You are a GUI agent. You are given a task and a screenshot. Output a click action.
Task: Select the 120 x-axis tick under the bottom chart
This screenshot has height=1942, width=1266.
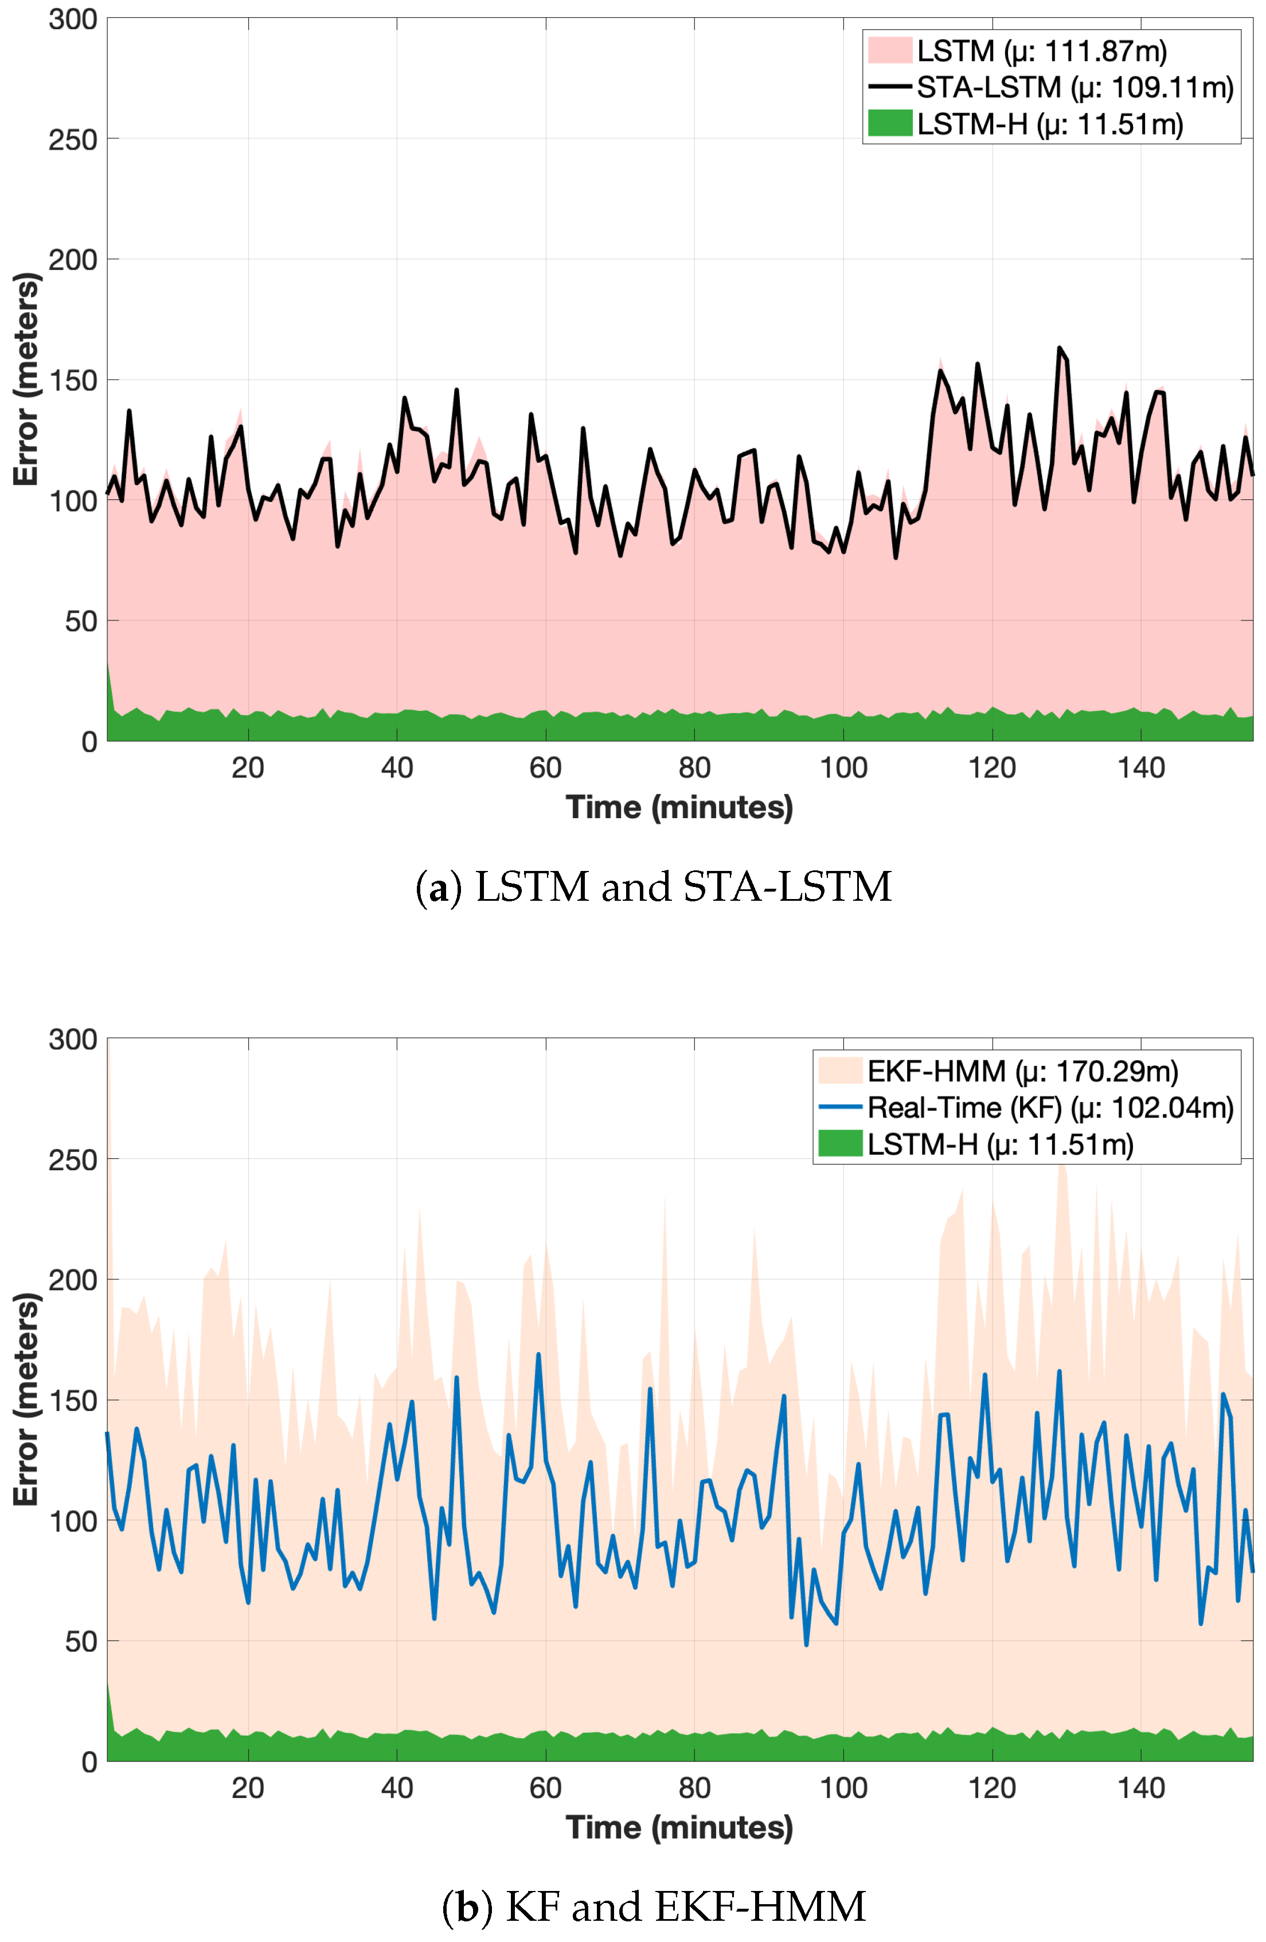coord(991,1788)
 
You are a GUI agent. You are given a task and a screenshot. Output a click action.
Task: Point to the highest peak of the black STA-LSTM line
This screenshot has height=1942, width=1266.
coord(1059,349)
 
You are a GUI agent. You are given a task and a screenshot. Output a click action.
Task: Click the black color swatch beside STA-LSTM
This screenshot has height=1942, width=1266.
coord(889,87)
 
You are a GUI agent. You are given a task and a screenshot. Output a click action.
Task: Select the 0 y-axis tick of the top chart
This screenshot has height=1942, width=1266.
coord(89,742)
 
